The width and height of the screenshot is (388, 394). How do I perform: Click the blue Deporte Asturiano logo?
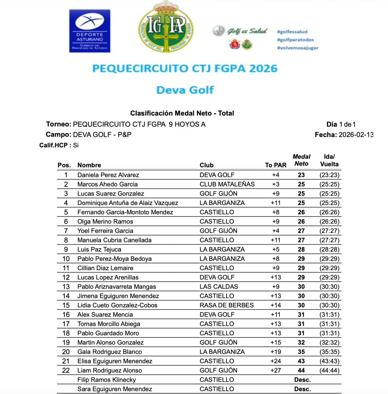click(89, 31)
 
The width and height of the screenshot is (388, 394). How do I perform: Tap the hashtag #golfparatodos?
click(295, 40)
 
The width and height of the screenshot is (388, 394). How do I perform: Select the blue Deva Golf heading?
click(185, 90)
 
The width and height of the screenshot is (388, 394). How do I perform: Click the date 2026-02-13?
click(355, 135)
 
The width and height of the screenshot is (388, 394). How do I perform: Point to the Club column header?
click(207, 165)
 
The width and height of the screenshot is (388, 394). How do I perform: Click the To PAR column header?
click(275, 165)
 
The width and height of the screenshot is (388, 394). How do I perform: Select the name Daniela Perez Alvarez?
click(108, 175)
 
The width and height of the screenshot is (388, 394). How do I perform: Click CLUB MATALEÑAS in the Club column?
click(227, 184)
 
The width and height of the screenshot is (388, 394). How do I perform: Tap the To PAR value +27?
click(275, 371)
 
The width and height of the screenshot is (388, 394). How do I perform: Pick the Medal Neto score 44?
click(301, 371)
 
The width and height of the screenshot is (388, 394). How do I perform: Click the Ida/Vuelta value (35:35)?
click(329, 352)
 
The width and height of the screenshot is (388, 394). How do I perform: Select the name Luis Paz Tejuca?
click(99, 249)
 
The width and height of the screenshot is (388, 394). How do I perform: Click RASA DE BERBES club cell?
click(227, 305)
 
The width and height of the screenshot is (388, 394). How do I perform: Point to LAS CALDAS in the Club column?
click(219, 287)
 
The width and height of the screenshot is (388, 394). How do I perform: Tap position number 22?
click(66, 371)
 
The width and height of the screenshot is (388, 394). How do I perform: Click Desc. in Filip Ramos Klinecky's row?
click(302, 380)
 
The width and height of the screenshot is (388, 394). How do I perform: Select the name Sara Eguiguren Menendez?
click(114, 389)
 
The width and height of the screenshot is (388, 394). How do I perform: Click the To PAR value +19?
click(275, 352)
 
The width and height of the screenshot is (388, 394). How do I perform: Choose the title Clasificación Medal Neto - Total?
click(182, 113)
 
